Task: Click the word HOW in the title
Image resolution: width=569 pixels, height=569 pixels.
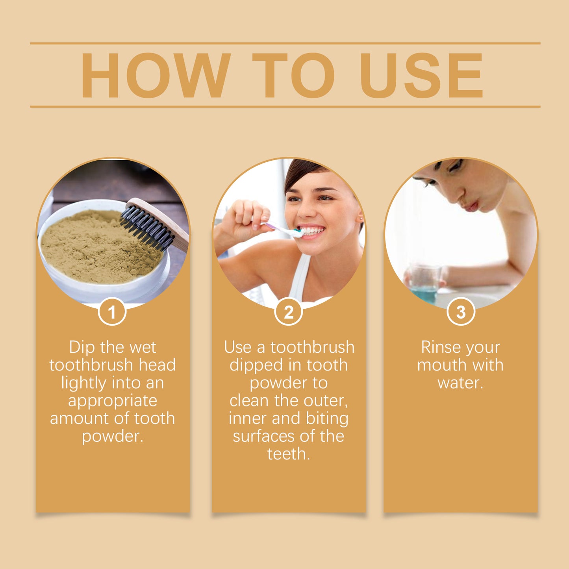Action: coord(155,75)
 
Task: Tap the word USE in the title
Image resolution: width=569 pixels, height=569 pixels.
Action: coord(421,75)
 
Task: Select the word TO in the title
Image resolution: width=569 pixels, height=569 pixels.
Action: coord(293,75)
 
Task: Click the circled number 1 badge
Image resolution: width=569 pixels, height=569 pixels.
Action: coord(112,312)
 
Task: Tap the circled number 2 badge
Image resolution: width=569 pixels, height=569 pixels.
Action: coord(289,312)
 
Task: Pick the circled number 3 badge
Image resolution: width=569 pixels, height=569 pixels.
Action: coord(461,312)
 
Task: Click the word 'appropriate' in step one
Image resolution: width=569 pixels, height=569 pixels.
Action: coord(113,401)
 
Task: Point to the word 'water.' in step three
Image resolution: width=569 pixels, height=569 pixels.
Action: coord(460,383)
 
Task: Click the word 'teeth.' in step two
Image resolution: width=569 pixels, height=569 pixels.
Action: coord(289,454)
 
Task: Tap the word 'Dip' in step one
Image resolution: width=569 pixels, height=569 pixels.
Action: coord(82,347)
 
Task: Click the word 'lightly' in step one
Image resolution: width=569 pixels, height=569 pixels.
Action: coord(83,383)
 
